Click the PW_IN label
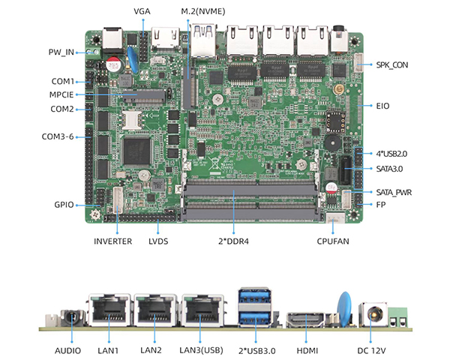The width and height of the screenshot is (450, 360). pos(60,52)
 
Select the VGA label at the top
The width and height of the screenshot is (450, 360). pos(142,12)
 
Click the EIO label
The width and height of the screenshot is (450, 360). pos(383,106)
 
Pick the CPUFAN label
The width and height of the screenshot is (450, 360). pos(335,241)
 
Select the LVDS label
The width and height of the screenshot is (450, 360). pos(158,241)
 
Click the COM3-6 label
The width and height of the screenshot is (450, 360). pos(58,136)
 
